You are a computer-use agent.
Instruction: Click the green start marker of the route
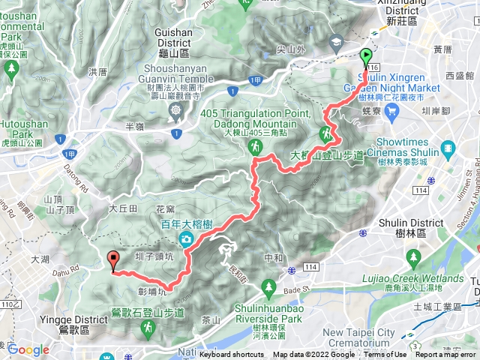point(366,56)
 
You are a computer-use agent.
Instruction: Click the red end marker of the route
point(114,260)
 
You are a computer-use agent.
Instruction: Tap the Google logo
point(28,349)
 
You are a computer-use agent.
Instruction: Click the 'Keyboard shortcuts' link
point(232,355)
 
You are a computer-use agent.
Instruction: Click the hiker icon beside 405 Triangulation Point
point(256,148)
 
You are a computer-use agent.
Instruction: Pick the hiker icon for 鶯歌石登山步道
point(148,327)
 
